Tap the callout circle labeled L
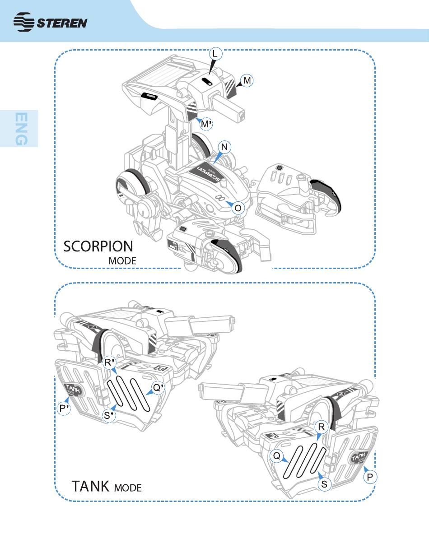pyautogui.click(x=215, y=54)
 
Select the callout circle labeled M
pyautogui.click(x=247, y=81)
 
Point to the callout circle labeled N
pyautogui.click(x=224, y=147)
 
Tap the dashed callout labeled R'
pyautogui.click(x=109, y=362)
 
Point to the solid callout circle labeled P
pyautogui.click(x=370, y=477)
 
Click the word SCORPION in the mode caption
pyautogui.click(x=98, y=246)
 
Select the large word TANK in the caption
pyautogui.click(x=90, y=486)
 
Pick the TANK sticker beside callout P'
pyautogui.click(x=73, y=389)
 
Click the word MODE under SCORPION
pyautogui.click(x=122, y=261)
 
